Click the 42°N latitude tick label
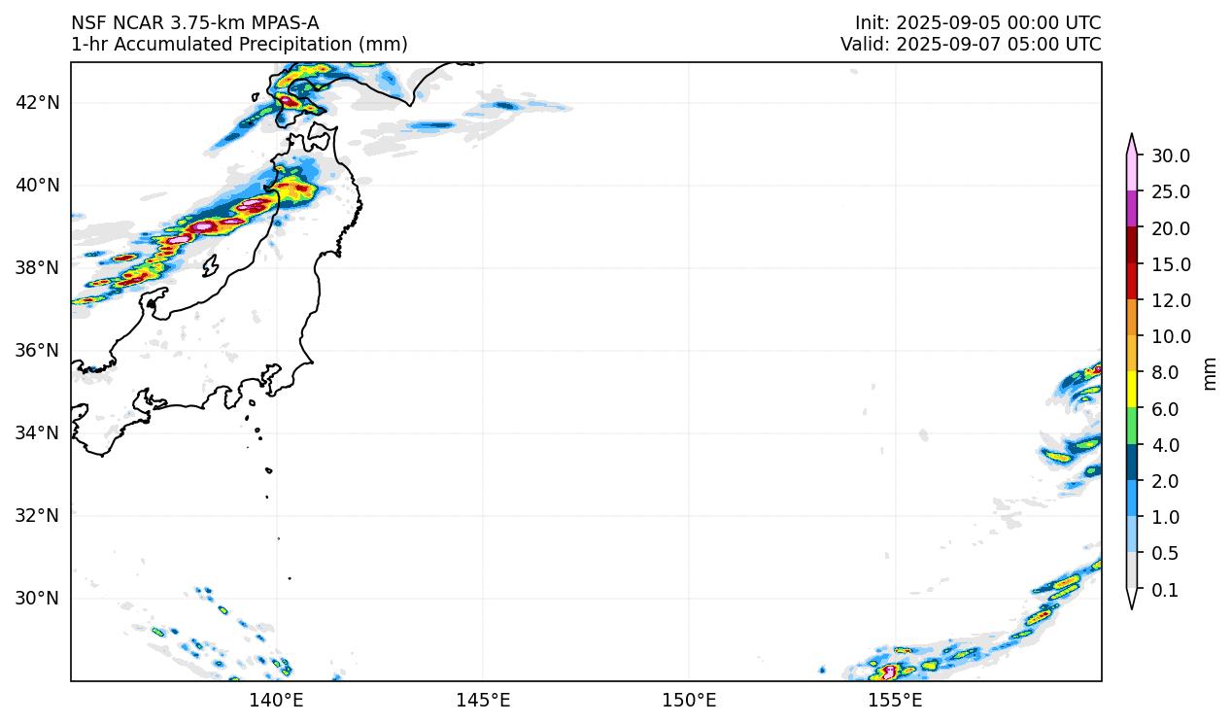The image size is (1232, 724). (x=39, y=103)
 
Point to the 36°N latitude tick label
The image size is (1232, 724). (x=39, y=350)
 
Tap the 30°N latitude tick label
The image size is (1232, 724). (x=39, y=598)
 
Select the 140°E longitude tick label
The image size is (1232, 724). (x=277, y=700)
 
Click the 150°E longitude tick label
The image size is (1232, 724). (x=689, y=700)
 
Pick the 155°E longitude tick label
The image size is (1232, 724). (x=895, y=700)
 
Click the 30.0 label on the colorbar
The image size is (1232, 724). (x=1170, y=156)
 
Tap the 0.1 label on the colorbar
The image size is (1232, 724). (x=1164, y=590)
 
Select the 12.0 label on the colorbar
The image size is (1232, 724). (x=1170, y=301)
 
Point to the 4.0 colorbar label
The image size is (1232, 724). (x=1164, y=446)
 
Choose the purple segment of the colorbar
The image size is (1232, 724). (x=1132, y=209)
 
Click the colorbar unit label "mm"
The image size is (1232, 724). (x=1210, y=373)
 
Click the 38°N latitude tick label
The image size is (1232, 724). (x=39, y=267)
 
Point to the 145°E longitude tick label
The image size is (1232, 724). (x=483, y=700)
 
